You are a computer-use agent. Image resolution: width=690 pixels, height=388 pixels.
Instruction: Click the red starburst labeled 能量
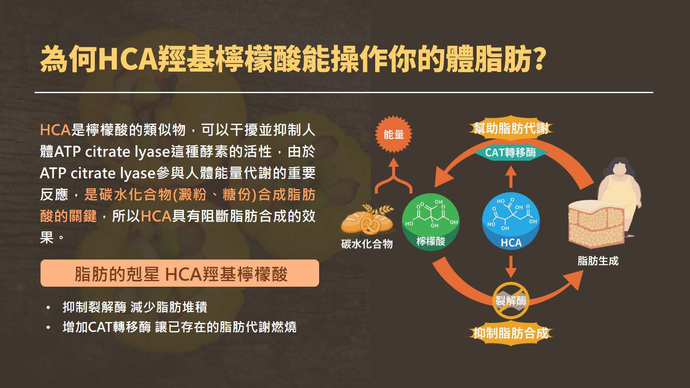coord(393,134)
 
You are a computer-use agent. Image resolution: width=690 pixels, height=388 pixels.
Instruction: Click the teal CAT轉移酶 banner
coord(511,153)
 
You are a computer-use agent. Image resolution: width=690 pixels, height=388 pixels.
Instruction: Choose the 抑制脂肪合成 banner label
coord(511,333)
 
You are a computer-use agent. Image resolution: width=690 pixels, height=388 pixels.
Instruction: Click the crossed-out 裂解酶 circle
coord(511,300)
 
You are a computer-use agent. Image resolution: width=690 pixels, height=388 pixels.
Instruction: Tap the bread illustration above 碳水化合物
coord(367,219)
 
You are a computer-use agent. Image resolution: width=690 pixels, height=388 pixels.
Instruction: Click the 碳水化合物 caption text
coord(367,244)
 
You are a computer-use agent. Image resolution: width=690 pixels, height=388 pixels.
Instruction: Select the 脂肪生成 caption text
coord(598,261)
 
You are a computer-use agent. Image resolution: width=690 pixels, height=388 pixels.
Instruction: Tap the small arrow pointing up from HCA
coord(511,177)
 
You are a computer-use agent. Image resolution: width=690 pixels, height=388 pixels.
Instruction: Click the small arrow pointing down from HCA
coord(511,267)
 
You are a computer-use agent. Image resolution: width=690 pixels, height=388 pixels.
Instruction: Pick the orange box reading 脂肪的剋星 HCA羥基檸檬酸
coord(179,273)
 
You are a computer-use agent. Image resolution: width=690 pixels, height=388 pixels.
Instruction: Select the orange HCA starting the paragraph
coord(56,130)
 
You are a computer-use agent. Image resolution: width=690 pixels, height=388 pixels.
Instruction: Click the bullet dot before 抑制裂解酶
coord(48,307)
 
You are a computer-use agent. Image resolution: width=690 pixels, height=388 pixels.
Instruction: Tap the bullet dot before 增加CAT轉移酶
coord(48,327)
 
